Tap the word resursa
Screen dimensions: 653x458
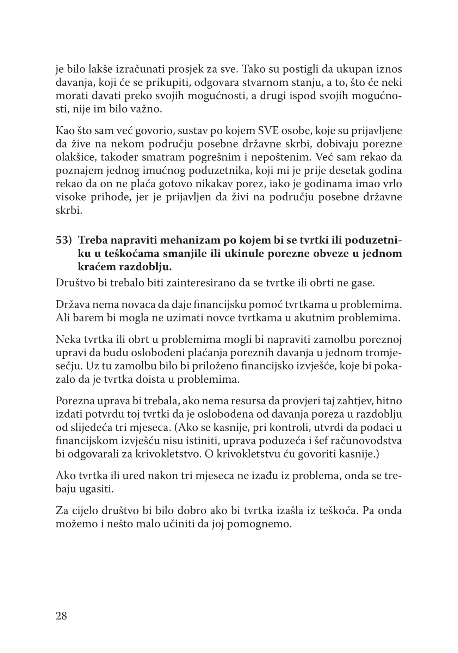click(x=227, y=401)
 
